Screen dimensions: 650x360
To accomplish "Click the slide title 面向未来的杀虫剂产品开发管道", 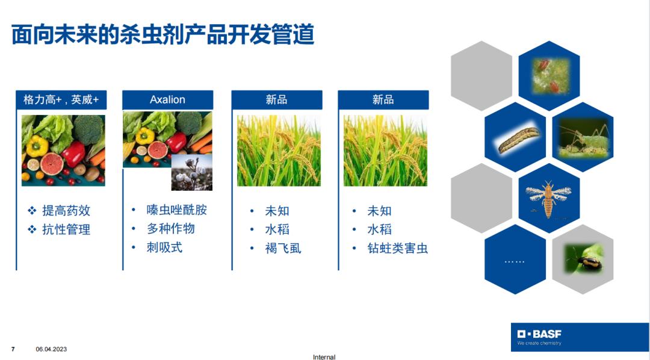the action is click(x=162, y=34).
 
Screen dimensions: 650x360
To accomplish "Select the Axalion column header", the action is click(x=167, y=99).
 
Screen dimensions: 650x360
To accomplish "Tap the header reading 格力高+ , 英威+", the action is click(x=61, y=99).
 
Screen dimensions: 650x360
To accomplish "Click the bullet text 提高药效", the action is click(x=66, y=211).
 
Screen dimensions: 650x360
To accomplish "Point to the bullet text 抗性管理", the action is click(x=66, y=229).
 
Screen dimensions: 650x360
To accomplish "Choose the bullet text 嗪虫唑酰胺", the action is click(x=176, y=210).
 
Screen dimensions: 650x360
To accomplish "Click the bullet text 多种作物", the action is click(x=170, y=229).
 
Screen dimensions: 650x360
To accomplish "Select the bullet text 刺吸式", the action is click(x=164, y=247).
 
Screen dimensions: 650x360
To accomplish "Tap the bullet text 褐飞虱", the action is click(x=283, y=249).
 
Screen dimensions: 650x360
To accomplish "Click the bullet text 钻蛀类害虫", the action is click(x=398, y=249).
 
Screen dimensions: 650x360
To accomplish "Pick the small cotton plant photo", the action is click(x=192, y=172).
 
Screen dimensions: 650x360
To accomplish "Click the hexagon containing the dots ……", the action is click(x=515, y=259).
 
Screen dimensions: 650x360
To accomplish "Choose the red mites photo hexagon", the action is click(x=549, y=75).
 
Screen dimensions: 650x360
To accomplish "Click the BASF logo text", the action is click(x=539, y=334).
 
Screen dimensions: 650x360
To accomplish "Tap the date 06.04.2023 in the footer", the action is click(x=51, y=349).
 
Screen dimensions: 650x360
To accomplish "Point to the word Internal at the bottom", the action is click(x=324, y=356).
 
